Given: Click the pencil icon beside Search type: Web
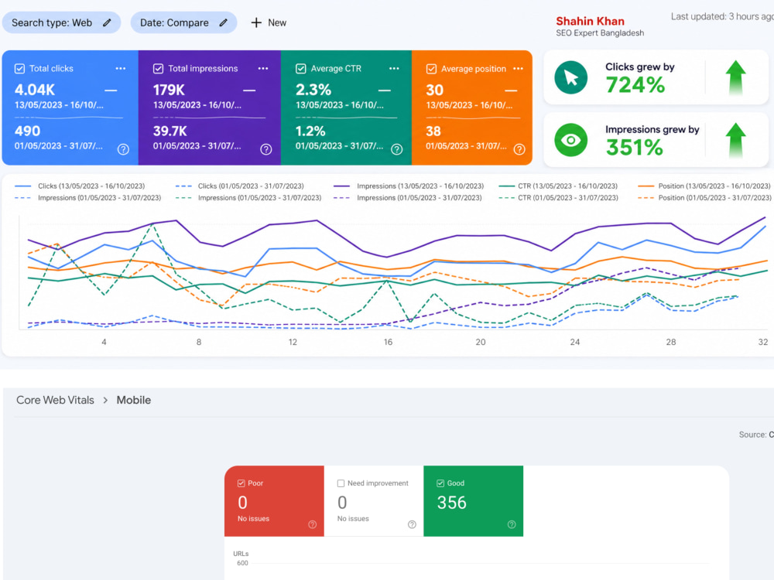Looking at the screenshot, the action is click(x=107, y=22).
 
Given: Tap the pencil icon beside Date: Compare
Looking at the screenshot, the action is click(x=224, y=22).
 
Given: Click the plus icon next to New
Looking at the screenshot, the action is click(x=256, y=22).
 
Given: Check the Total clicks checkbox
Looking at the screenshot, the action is click(x=20, y=69).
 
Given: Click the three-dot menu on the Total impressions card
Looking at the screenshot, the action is click(x=263, y=69).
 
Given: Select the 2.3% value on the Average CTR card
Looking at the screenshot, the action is click(x=313, y=90).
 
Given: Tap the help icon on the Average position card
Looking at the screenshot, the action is click(x=519, y=149).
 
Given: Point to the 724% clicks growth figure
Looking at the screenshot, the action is click(x=635, y=85).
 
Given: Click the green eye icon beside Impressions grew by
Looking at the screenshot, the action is click(x=570, y=140).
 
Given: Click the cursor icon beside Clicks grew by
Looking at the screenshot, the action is click(x=570, y=77).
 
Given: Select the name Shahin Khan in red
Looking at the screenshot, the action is click(x=590, y=21).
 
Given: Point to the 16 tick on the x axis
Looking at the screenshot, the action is click(x=388, y=342).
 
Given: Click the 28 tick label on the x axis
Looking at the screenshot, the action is click(x=671, y=342).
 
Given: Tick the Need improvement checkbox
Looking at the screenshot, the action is click(x=341, y=483).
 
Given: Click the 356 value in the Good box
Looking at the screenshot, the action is click(x=452, y=503).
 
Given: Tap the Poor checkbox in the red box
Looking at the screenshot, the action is click(x=241, y=483).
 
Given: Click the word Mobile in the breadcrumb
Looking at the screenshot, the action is click(x=134, y=400).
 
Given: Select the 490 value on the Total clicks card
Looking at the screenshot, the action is click(x=27, y=131).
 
